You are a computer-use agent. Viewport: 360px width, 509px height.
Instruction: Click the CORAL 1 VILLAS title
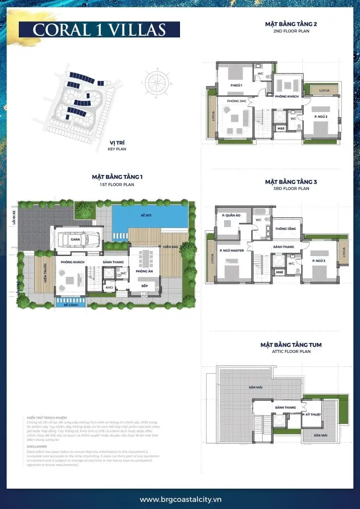coord(99,29)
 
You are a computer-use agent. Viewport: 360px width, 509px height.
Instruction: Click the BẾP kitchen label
coord(144,286)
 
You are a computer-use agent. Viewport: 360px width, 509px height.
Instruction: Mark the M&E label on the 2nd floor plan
coord(280,128)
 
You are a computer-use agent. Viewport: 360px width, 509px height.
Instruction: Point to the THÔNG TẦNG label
coord(285,229)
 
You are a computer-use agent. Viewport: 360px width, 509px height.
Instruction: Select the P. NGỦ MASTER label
coord(232,264)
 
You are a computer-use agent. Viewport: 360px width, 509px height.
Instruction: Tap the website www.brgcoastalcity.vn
coord(180,499)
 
